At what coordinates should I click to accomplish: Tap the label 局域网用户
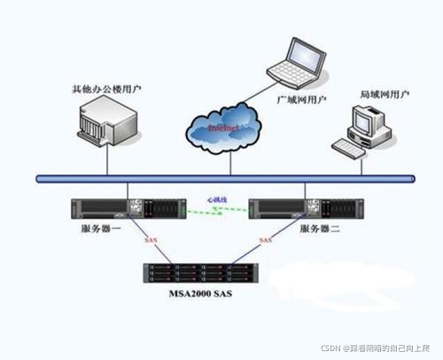[x=382, y=93]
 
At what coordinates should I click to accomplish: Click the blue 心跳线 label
[x=218, y=200]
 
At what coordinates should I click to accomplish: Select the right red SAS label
[x=265, y=240]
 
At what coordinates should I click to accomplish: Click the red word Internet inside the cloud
[x=222, y=129]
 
